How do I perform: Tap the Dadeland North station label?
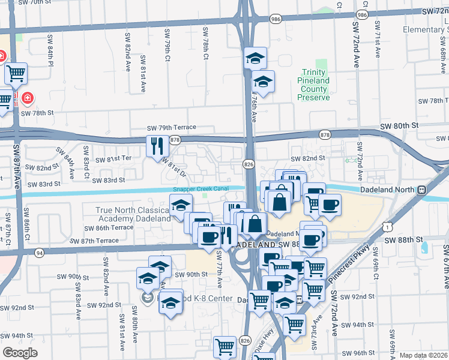tap(388, 190)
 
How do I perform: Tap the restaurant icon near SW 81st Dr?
tap(155, 145)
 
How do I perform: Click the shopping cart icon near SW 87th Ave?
tap(16, 74)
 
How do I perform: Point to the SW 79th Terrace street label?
tap(172, 128)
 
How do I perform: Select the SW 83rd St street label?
tap(106, 180)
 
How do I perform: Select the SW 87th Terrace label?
tap(94, 241)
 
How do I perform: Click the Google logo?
tap(20, 353)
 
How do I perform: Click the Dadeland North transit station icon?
tap(423, 190)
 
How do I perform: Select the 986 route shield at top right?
tap(361, 14)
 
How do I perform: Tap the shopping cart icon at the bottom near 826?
tap(224, 346)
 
